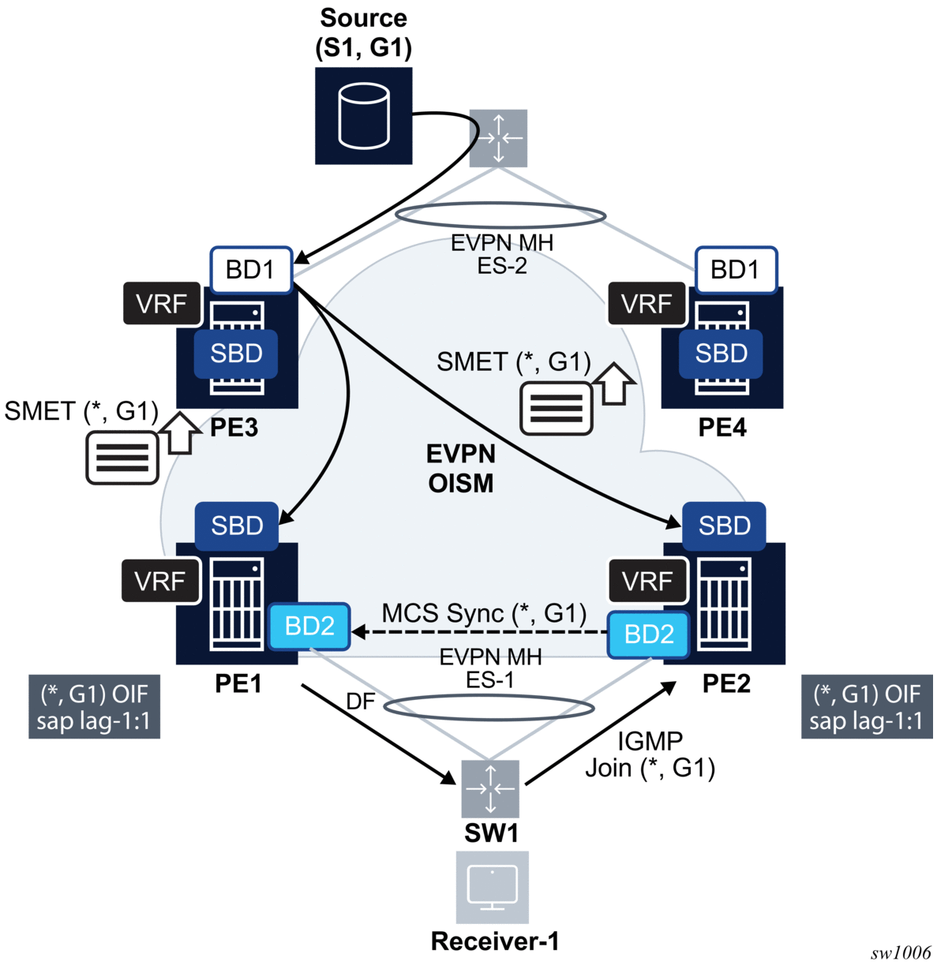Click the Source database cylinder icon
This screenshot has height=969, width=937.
point(363,117)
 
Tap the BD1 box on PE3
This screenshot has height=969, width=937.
point(251,269)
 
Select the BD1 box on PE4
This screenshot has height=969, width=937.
point(736,269)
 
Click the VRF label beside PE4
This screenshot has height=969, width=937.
point(647,304)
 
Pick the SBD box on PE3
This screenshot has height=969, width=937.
point(236,354)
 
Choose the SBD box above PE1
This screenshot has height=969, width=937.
point(237,526)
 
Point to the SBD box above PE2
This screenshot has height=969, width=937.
point(724,526)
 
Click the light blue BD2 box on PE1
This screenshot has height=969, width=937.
point(309,627)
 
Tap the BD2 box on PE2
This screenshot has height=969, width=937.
point(649,634)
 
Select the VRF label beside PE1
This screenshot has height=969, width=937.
point(160,582)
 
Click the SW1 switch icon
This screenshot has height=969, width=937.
point(490,788)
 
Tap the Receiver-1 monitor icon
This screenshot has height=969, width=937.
point(492,887)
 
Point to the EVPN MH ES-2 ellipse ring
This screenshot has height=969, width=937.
point(500,216)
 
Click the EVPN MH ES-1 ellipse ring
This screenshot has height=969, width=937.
point(489,708)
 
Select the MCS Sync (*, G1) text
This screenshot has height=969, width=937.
point(484,613)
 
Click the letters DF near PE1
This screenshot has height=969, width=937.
point(360,701)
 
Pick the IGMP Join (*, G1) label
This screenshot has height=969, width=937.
point(650,754)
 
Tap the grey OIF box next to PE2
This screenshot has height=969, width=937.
point(867,707)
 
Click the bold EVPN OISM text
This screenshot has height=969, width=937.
point(461,468)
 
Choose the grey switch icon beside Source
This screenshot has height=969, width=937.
point(498,138)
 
